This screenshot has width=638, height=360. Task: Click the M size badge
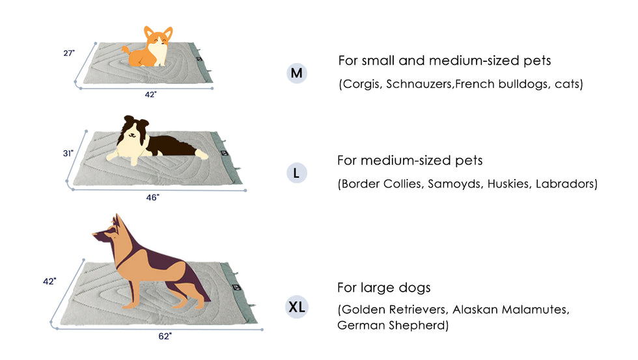297,73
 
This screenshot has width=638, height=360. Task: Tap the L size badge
297,173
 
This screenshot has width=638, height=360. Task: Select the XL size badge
297,307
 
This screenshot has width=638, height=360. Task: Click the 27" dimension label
69,53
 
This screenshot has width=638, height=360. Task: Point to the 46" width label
152,197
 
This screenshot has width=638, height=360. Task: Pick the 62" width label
165,336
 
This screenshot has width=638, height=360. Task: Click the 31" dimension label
68,154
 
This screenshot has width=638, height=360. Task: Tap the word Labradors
565,184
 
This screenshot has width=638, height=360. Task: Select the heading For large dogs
383,288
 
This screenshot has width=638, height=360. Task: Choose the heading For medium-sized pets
409,160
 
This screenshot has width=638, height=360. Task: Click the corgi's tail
126,50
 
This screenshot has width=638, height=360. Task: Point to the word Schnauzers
419,84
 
